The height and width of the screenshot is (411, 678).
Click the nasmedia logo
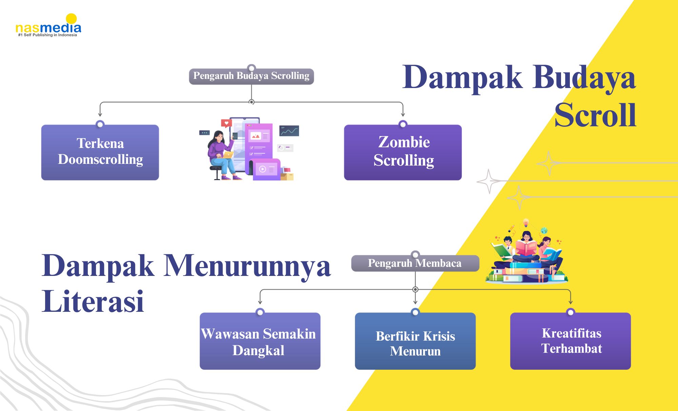tap(48, 25)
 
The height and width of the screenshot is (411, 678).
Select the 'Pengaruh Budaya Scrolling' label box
tap(251, 76)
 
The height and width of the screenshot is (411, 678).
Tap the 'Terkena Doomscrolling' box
tap(100, 152)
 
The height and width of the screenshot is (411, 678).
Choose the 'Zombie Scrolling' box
tap(403, 152)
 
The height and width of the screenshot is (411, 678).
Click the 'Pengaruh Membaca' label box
tap(415, 263)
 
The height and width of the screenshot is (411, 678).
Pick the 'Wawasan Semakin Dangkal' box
tap(260, 341)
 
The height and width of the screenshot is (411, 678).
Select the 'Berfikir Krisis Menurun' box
tap(415, 341)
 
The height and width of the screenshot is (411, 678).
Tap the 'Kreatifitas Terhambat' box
tap(571, 341)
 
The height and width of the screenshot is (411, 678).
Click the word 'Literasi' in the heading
tap(93, 301)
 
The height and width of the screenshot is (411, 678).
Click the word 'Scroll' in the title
tap(595, 115)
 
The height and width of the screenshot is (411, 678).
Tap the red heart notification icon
tap(226, 123)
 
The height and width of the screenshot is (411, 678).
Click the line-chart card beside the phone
tap(289, 131)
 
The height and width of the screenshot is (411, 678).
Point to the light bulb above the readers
tap(526, 223)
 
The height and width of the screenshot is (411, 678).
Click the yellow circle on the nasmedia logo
tap(71, 19)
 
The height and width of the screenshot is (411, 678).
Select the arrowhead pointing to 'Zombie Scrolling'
tap(403, 114)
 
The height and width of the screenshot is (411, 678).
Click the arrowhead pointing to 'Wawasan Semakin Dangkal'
tap(260, 302)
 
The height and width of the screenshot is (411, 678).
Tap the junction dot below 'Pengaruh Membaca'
tap(415, 289)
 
